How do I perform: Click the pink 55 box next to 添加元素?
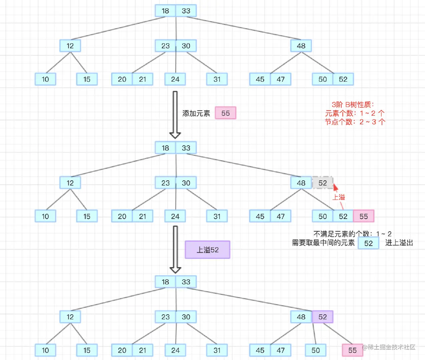225,113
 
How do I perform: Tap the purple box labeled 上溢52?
207,250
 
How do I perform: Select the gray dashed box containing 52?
323,183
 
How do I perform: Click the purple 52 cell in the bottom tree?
323,317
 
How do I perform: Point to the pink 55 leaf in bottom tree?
352,350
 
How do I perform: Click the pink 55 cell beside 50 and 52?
364,216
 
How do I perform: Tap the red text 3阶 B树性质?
353,105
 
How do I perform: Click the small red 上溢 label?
339,197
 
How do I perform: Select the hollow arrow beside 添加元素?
175,115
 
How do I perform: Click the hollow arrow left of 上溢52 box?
175,249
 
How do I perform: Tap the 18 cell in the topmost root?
165,11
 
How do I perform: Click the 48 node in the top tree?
301,46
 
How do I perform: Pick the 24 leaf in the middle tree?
175,216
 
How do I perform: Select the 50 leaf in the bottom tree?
316,350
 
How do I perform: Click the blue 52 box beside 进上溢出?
368,243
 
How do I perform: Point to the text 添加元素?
196,113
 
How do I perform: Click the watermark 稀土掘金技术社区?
389,347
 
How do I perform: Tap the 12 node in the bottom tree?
70,317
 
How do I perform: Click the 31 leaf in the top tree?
217,79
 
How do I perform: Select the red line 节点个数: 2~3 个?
355,122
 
